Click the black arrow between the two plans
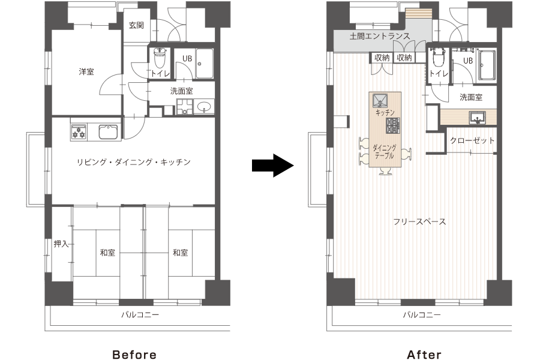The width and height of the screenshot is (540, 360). pyautogui.click(x=273, y=164)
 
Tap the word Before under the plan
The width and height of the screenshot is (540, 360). pyautogui.click(x=135, y=355)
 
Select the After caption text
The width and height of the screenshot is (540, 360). pyautogui.click(x=424, y=355)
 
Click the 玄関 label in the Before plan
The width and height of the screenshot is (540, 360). pyautogui.click(x=136, y=25)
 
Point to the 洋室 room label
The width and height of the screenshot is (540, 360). pyautogui.click(x=86, y=72)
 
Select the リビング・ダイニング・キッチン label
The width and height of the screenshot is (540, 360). pyautogui.click(x=133, y=162)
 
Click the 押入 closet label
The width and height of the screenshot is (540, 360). pyautogui.click(x=61, y=244)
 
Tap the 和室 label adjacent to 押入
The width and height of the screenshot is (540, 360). pyautogui.click(x=108, y=253)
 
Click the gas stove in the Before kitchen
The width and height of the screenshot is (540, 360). pyautogui.click(x=79, y=133)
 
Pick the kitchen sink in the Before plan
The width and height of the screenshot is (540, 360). pyautogui.click(x=108, y=132)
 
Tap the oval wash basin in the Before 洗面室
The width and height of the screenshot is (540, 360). pyautogui.click(x=204, y=108)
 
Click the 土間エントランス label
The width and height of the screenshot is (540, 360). pyautogui.click(x=380, y=37)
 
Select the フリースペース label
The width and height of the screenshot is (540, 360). pyautogui.click(x=419, y=221)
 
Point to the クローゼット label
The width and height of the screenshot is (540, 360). pyautogui.click(x=472, y=140)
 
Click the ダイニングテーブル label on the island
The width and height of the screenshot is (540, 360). pyautogui.click(x=384, y=151)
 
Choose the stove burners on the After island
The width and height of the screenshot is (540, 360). pyautogui.click(x=393, y=125)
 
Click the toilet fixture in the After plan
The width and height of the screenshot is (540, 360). pyautogui.click(x=437, y=58)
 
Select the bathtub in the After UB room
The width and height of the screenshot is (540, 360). pyautogui.click(x=487, y=65)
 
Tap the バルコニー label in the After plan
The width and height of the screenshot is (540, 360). pyautogui.click(x=421, y=314)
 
